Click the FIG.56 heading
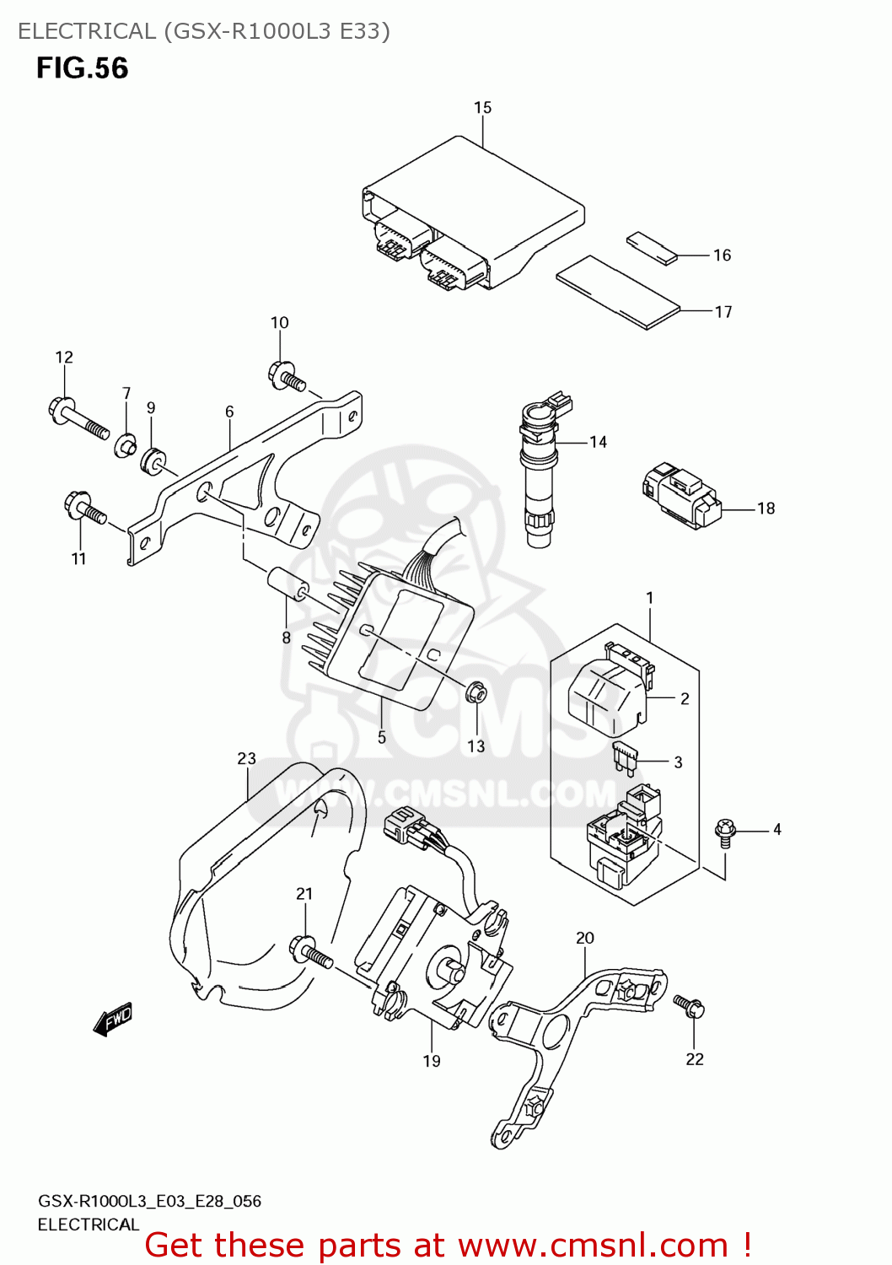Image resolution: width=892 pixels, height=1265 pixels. tap(82, 68)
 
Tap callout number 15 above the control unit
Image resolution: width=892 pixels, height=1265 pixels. tap(482, 108)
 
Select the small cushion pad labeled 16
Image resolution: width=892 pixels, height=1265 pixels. tap(652, 248)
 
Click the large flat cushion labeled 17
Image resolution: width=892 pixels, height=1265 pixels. tap(617, 292)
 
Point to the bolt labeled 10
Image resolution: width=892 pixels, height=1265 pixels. tap(286, 376)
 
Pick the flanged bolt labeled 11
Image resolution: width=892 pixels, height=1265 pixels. tap(84, 509)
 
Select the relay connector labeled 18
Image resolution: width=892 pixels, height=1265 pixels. tap(681, 495)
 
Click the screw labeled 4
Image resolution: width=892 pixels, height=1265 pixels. tap(724, 831)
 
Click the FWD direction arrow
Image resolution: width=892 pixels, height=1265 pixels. tap(113, 1020)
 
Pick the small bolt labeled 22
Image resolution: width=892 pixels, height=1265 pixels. tap(689, 1005)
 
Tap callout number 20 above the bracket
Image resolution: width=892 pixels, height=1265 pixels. tap(585, 938)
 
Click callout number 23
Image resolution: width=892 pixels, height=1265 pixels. tap(246, 759)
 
